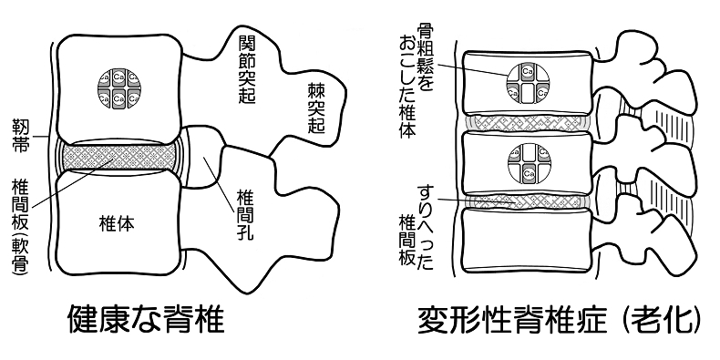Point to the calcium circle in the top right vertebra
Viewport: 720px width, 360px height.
click(530, 82)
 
